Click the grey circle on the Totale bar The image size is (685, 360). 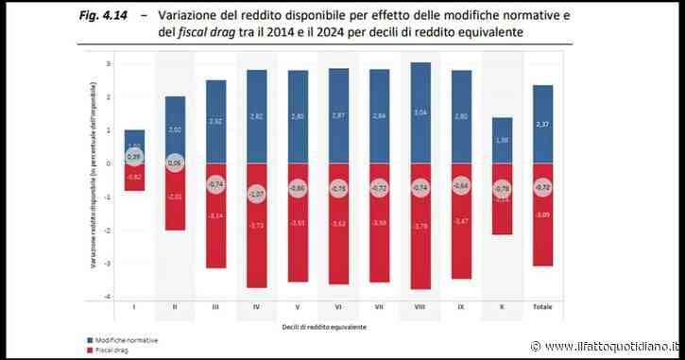[x=542, y=188]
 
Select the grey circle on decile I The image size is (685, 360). [x=135, y=156]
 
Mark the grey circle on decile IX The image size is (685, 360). [x=461, y=186]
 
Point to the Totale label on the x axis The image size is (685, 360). [x=542, y=307]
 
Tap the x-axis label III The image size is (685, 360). [x=216, y=307]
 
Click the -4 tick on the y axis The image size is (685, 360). [x=110, y=297]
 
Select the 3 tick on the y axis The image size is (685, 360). [x=110, y=64]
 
